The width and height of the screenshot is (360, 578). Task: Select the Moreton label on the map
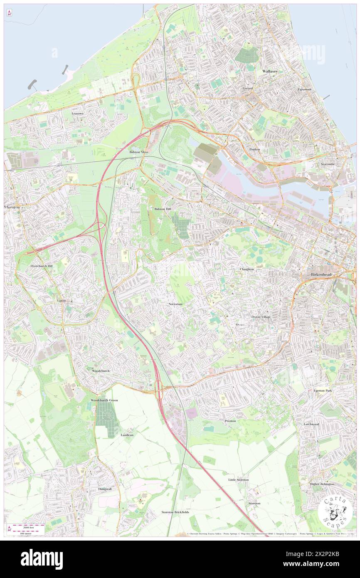coord(12,207)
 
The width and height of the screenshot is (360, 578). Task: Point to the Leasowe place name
coord(77,113)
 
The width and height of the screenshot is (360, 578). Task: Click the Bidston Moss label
coord(139,152)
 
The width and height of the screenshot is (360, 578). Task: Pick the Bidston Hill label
coord(163,209)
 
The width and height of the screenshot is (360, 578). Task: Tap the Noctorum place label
coord(176,304)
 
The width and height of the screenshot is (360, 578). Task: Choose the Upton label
coord(61,300)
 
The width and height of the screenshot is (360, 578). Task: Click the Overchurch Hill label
coord(42,266)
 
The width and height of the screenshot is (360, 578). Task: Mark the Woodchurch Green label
coord(104,400)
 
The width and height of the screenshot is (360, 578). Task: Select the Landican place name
coord(127,435)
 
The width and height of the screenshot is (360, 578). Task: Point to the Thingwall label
coord(105,489)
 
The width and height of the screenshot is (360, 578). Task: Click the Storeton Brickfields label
coord(175,512)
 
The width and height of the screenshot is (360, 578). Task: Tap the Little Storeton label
coord(239,479)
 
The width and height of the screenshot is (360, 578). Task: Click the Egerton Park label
coord(323,391)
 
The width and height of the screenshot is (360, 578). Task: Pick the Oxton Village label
coord(261,317)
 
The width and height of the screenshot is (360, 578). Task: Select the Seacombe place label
coord(328,164)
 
